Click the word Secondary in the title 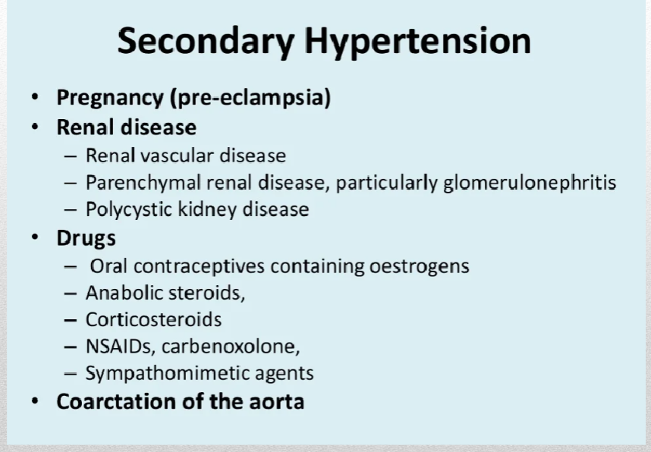[206, 42]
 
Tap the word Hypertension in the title [417, 42]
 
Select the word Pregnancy [110, 99]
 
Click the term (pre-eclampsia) [250, 99]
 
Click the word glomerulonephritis [530, 183]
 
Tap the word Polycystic [129, 209]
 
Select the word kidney [207, 209]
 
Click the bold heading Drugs [86, 239]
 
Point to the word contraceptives [199, 266]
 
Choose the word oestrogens [420, 267]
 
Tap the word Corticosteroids [153, 319]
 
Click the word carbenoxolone [231, 347]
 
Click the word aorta [276, 403]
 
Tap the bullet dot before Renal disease [35, 126]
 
